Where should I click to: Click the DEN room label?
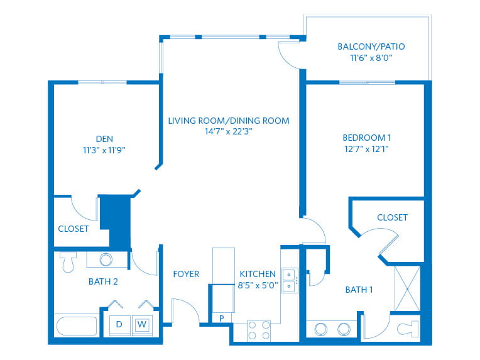pyautogui.click(x=104, y=139)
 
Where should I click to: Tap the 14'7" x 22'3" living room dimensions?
pyautogui.click(x=228, y=132)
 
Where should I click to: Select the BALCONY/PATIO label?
pyautogui.click(x=371, y=46)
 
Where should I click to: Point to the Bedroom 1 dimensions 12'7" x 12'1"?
pyautogui.click(x=366, y=149)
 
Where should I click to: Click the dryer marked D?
pyautogui.click(x=120, y=324)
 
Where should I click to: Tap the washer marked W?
pyautogui.click(x=142, y=324)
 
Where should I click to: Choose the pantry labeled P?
pyautogui.click(x=222, y=319)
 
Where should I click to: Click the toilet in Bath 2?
pyautogui.click(x=68, y=262)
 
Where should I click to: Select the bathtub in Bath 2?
pyautogui.click(x=77, y=326)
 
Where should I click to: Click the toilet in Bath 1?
pyautogui.click(x=408, y=329)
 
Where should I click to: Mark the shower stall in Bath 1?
pyautogui.click(x=407, y=288)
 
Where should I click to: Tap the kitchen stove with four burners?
pyautogui.click(x=259, y=330)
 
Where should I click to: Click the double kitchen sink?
pyautogui.click(x=289, y=280)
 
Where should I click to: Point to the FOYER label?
pyautogui.click(x=186, y=274)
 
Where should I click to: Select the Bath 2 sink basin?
pyautogui.click(x=106, y=259)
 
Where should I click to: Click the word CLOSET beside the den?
pyautogui.click(x=74, y=229)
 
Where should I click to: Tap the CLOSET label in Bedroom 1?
pyautogui.click(x=393, y=217)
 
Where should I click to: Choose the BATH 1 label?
pyautogui.click(x=359, y=290)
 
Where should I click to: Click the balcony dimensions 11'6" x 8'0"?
pyautogui.click(x=371, y=58)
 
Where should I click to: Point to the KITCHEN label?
pyautogui.click(x=258, y=274)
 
